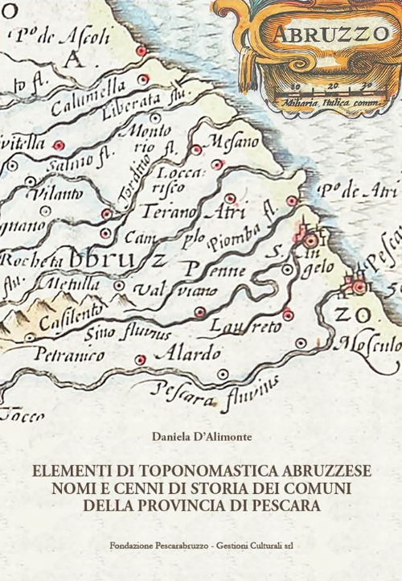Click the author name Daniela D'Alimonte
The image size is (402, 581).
pyautogui.click(x=200, y=437)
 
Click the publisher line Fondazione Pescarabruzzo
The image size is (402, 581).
pyautogui.click(x=201, y=545)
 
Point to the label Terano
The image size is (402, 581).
pyautogui.click(x=170, y=212)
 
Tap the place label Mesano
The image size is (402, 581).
pyautogui.click(x=232, y=142)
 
